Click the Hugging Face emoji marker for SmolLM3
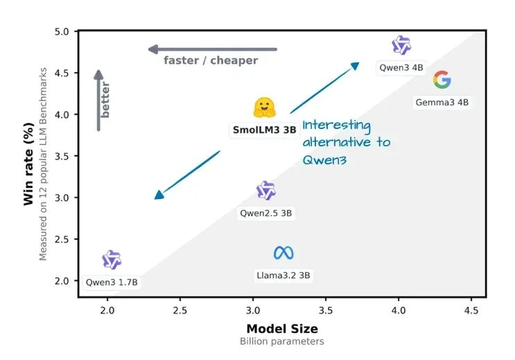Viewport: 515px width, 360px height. point(265,108)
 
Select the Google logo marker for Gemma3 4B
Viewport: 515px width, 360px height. point(442,80)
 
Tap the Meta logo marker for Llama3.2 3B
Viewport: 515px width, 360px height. point(283,253)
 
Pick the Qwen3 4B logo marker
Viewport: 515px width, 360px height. point(401,46)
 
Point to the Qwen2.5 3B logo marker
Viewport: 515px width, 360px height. point(266,191)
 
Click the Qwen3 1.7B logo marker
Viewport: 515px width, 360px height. point(112,260)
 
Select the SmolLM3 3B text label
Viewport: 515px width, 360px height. point(264,130)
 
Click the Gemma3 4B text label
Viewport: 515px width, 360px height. point(442,102)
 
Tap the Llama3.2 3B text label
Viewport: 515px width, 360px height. point(283,275)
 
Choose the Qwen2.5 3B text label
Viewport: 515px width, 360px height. point(266,214)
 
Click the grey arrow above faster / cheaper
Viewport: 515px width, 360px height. point(212,49)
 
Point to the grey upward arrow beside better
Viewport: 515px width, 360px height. point(99,100)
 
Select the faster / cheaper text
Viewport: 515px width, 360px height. point(211,60)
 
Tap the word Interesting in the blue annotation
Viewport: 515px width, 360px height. point(337,126)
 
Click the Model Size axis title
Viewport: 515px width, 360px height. point(281,329)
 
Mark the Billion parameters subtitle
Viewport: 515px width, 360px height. point(281,342)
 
